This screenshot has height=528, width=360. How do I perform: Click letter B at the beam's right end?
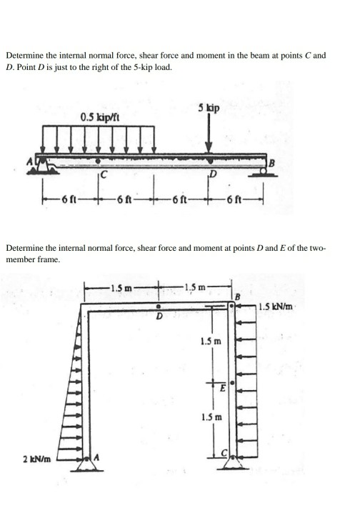tap(271, 164)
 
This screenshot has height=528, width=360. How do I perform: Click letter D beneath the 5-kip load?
tap(212, 174)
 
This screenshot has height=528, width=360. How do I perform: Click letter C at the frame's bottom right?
tap(222, 454)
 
